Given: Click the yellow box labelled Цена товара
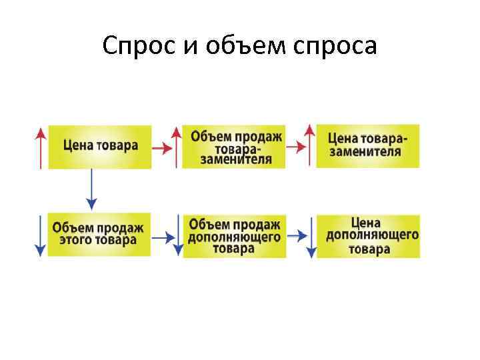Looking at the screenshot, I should point(100,146).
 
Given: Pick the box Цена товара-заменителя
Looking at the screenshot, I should point(367,145).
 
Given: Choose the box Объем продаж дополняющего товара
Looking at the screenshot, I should point(235,235).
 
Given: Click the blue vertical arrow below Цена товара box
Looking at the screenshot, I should point(91,190).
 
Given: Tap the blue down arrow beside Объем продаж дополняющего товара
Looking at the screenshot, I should point(177,235).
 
